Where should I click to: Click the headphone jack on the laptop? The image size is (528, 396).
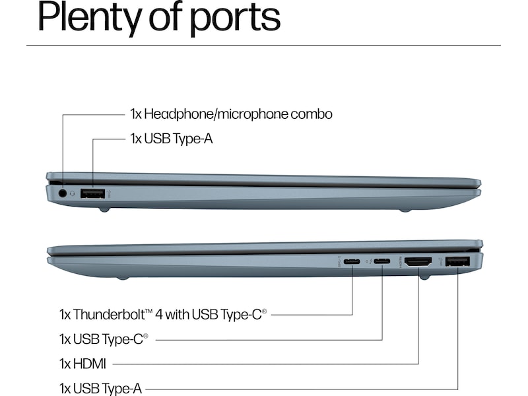coord(63,193)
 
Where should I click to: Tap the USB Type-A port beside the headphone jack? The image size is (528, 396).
coord(93,194)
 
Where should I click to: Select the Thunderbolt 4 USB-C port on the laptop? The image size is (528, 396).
coord(352,262)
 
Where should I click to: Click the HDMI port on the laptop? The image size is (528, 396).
coord(418,262)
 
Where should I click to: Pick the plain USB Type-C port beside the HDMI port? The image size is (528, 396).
coord(382,262)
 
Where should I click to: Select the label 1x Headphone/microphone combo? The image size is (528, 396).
coord(231,114)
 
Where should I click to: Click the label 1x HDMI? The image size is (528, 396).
coord(82,363)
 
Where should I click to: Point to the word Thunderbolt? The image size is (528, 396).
coord(110,313)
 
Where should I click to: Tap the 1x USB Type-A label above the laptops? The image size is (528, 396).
coord(171,139)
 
